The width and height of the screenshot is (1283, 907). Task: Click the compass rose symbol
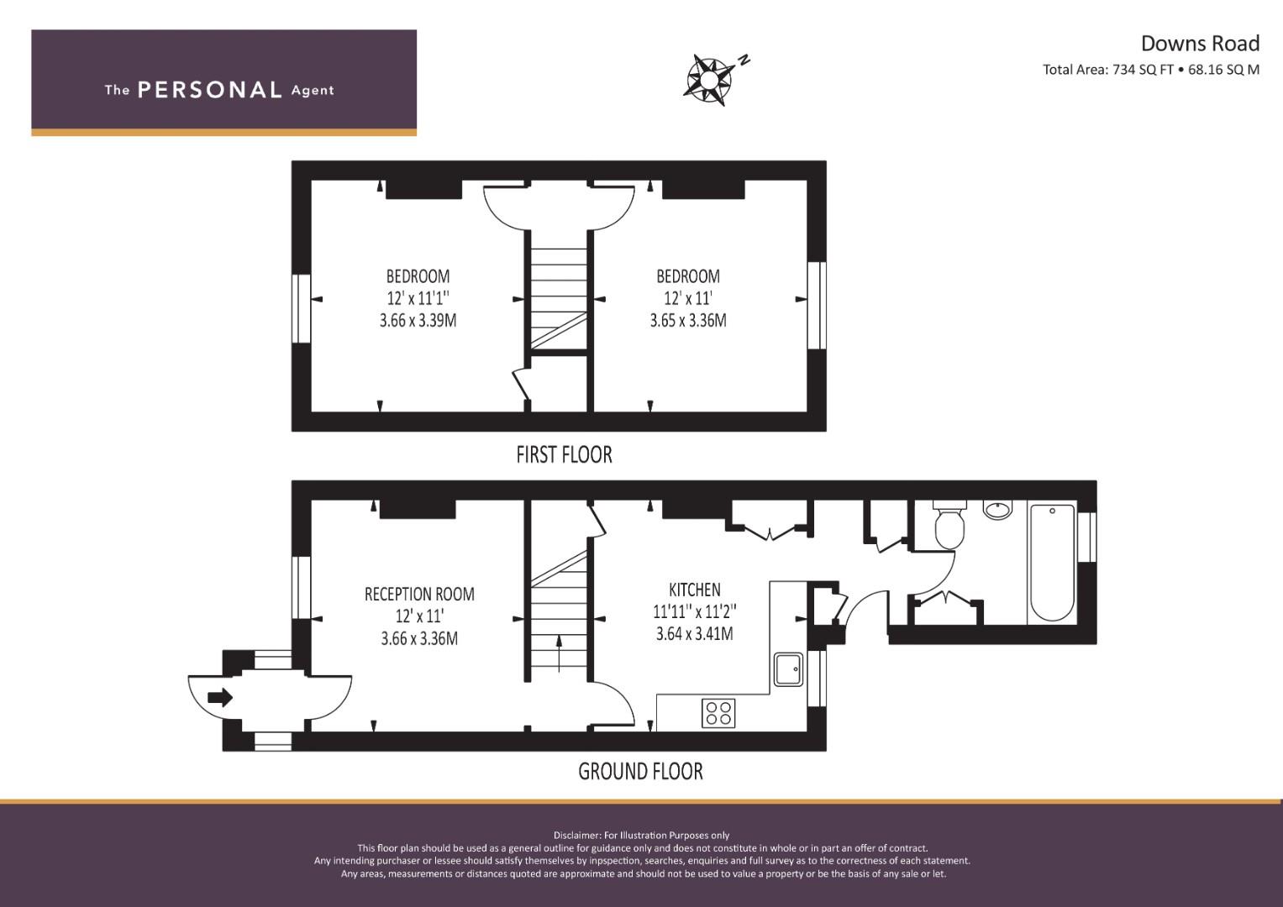[x=709, y=79]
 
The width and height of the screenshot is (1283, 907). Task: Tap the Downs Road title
[x=1199, y=44]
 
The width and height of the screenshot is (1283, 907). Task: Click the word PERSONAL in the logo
[x=209, y=90]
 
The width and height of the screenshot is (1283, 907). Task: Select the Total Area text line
[x=1150, y=70]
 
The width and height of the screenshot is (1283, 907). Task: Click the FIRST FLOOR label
[x=564, y=455]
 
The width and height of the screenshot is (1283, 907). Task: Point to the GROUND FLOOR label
[x=640, y=771]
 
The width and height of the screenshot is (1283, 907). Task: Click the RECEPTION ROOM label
[x=419, y=595]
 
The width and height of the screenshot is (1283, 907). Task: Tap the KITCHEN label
[x=694, y=590]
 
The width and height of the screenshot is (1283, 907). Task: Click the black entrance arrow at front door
[x=220, y=697]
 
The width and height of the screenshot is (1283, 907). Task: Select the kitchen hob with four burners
[x=718, y=713]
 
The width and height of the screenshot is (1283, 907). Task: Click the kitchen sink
[x=788, y=669]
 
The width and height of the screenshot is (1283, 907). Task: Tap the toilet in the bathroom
[x=950, y=525]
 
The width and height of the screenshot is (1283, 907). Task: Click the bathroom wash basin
[x=998, y=510]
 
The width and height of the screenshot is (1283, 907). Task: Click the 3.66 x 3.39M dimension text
[x=418, y=320]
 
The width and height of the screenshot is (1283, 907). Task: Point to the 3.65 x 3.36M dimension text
[x=688, y=320]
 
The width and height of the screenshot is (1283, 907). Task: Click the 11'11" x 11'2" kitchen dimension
[x=694, y=612]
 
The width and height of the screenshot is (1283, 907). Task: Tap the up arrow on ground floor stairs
[x=560, y=653]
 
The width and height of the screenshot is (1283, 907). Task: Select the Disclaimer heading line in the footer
[x=641, y=835]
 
